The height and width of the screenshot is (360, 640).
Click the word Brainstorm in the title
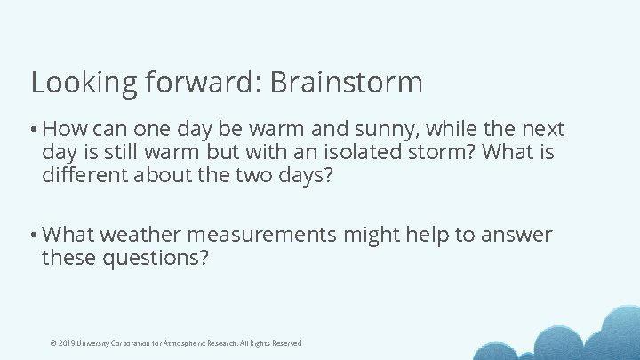click(345, 83)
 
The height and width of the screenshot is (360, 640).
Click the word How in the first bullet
click(62, 130)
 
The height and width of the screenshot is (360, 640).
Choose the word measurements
click(261, 235)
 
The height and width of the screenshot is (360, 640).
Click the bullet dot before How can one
click(34, 131)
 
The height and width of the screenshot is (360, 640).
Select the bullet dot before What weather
click(34, 236)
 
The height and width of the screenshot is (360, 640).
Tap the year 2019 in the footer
click(65, 343)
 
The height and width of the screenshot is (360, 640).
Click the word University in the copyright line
click(94, 343)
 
